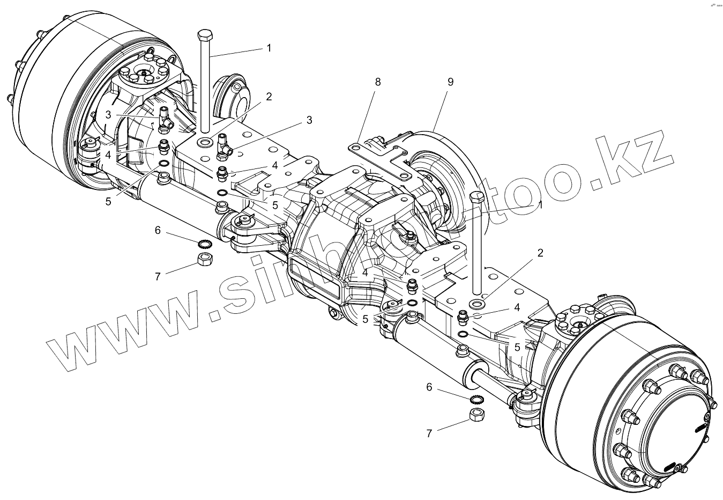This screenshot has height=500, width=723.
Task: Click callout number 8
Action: pos(378,82)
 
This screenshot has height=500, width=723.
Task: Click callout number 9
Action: pos(450,82)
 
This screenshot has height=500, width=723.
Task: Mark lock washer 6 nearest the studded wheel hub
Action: pos(476,400)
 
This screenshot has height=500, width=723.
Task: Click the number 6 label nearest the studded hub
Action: pos(429,387)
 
